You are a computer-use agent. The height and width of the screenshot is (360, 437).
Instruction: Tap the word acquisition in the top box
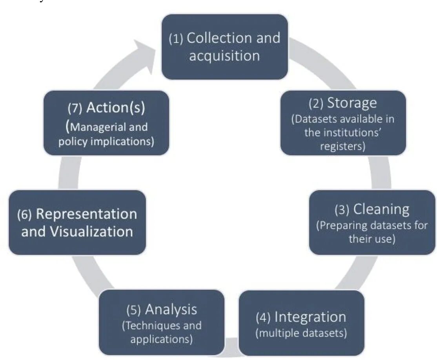pyautogui.click(x=224, y=56)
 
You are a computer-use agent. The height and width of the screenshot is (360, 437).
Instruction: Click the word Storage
pyautogui.click(x=352, y=103)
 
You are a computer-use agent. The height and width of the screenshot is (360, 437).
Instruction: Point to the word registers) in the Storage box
pyautogui.click(x=343, y=146)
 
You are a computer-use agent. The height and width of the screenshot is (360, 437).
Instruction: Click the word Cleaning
pyautogui.click(x=381, y=209)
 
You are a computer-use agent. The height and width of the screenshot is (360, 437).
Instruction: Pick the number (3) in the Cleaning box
pyautogui.click(x=342, y=211)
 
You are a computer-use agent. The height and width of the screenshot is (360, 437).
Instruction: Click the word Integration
pyautogui.click(x=310, y=317)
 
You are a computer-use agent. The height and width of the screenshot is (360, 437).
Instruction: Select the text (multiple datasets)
pyautogui.click(x=301, y=334)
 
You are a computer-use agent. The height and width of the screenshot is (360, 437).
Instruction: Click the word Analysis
pyautogui.click(x=171, y=310)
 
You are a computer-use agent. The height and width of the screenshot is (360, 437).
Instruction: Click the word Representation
pyautogui.click(x=86, y=214)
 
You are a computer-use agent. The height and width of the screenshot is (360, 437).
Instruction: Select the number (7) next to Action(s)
pyautogui.click(x=75, y=108)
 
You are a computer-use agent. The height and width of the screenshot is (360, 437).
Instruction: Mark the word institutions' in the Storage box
pyautogui.click(x=352, y=133)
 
